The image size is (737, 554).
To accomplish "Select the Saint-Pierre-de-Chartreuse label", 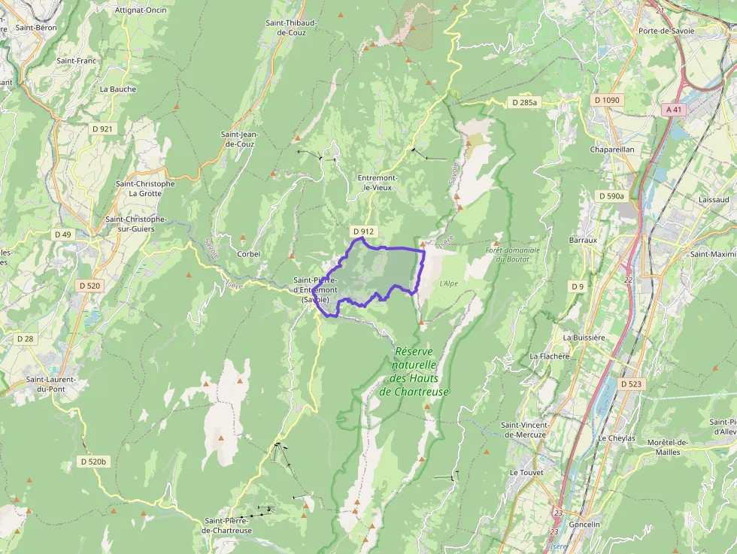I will (x=228, y=525).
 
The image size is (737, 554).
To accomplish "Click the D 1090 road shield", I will (x=606, y=100).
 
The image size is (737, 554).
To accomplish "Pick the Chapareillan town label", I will (x=612, y=149).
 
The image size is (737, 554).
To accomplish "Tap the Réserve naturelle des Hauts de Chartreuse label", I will (x=420, y=371).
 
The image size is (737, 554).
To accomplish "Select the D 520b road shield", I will (x=94, y=461).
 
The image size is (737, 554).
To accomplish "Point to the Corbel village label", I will (x=249, y=254).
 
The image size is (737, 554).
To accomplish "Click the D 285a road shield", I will (x=524, y=101).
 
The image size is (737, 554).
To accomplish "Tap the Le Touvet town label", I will (x=525, y=473).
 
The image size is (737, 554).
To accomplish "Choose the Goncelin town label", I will (x=585, y=524).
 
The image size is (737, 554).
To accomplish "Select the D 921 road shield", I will (x=102, y=129).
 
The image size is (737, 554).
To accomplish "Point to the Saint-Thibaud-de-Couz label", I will (x=291, y=28).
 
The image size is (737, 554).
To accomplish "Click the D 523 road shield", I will (x=632, y=384).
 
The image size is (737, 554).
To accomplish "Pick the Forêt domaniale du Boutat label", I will (x=513, y=254).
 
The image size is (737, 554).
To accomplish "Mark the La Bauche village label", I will (x=118, y=89).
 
